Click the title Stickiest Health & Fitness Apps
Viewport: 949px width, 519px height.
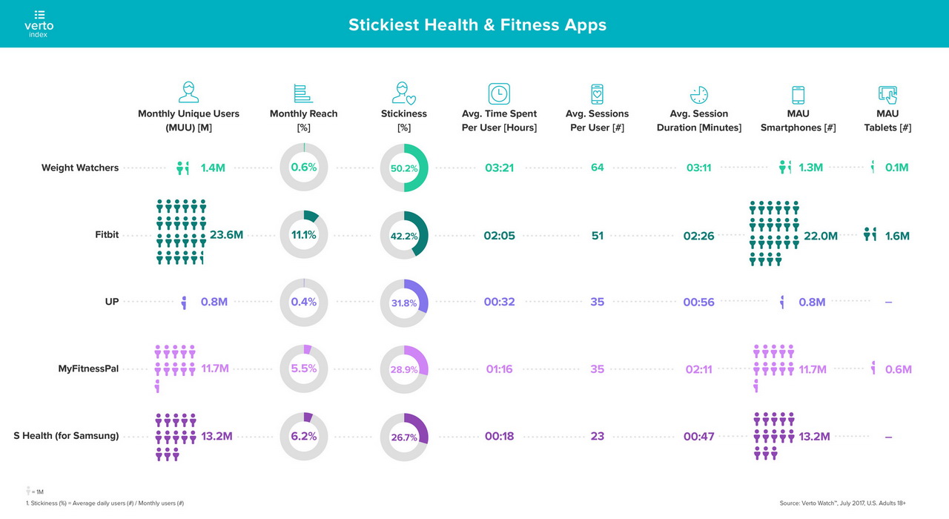477,24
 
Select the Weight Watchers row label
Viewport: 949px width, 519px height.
80,168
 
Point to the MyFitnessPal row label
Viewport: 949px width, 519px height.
88,368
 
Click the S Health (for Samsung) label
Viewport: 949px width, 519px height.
66,436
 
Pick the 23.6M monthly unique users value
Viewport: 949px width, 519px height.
226,235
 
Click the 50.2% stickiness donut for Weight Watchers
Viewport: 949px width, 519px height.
404,168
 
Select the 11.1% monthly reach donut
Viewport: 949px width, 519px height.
304,235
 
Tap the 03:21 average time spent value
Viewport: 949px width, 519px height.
499,168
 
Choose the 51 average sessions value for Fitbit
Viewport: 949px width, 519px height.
597,235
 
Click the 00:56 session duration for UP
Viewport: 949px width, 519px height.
698,303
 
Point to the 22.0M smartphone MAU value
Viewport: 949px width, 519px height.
820,236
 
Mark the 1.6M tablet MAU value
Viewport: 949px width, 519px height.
897,236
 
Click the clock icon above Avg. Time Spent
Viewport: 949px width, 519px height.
499,94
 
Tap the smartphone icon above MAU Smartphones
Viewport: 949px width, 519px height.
798,95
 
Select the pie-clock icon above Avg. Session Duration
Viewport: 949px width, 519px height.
698,95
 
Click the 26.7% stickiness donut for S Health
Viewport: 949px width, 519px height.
404,436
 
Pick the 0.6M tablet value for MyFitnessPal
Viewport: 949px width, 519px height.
898,369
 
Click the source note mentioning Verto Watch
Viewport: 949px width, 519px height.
842,503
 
